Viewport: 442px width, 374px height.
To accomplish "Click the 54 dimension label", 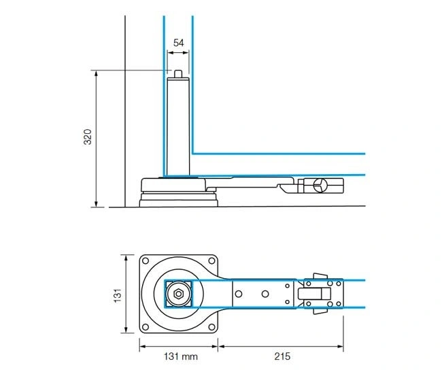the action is click(x=178, y=43).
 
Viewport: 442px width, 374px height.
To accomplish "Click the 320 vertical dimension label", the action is click(x=88, y=137).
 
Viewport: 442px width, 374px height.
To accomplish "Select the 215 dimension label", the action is click(x=282, y=356).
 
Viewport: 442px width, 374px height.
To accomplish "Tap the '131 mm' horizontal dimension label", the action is click(x=181, y=356).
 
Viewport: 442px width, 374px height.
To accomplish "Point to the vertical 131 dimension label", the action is click(x=118, y=295).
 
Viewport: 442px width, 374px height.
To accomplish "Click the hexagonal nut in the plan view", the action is click(x=178, y=294).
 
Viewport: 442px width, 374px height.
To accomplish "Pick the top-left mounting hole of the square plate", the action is click(x=146, y=260).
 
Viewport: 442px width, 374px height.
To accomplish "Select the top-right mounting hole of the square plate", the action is click(x=211, y=260).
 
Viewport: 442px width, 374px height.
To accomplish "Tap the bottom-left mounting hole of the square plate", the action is click(x=146, y=327).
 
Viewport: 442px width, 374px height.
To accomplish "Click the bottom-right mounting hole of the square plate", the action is click(x=211, y=327).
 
